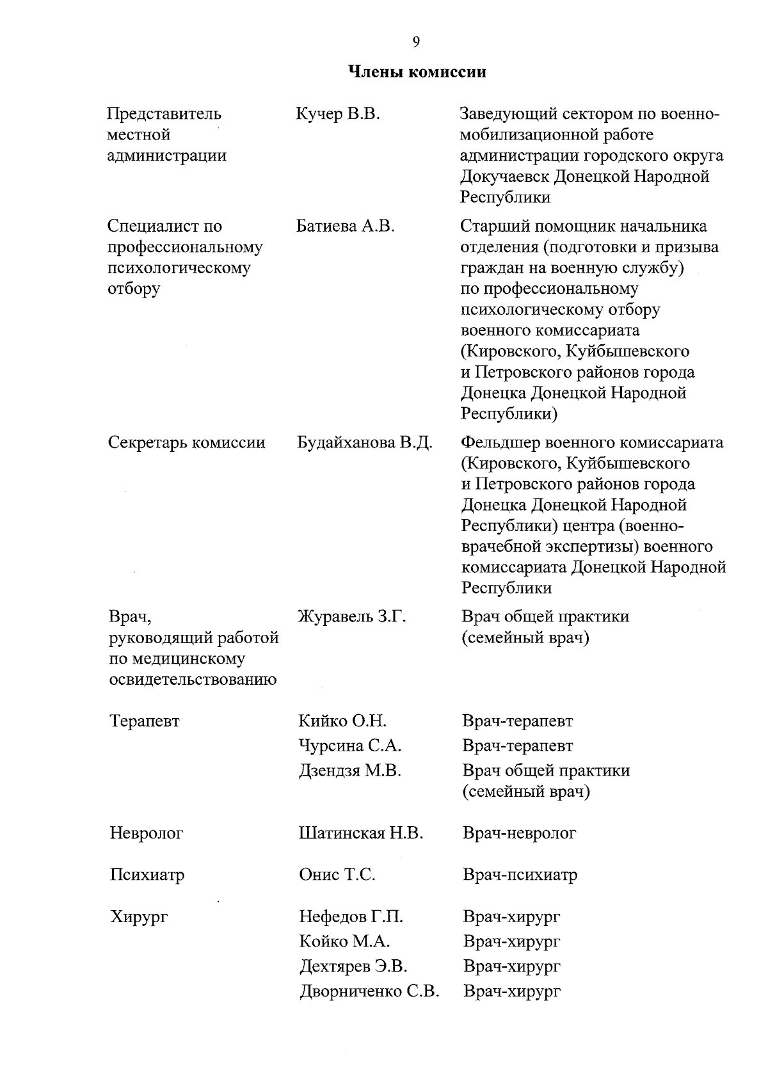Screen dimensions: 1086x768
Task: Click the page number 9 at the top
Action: tap(416, 42)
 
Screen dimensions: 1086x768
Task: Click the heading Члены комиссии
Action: tap(417, 72)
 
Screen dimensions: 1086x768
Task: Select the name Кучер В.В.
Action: tap(338, 115)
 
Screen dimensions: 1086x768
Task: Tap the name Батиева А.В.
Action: tap(346, 227)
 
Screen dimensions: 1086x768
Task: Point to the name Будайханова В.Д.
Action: tap(365, 443)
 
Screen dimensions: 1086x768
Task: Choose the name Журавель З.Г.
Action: tap(352, 617)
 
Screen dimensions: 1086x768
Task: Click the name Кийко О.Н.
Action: tap(342, 721)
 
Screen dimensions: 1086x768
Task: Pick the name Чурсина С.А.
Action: tap(350, 746)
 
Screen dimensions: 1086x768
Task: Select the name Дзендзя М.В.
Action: tap(350, 771)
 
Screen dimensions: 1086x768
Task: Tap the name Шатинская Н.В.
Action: tap(361, 833)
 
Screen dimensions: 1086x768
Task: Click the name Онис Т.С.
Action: tap(337, 875)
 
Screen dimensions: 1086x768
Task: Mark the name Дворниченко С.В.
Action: tap(369, 992)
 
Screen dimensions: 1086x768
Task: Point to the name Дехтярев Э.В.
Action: tap(353, 966)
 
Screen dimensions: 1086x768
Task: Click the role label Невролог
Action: tap(147, 833)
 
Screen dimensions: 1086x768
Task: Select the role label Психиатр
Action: tap(147, 875)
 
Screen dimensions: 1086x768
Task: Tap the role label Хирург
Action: tap(139, 917)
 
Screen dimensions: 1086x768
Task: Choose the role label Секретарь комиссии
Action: tap(187, 443)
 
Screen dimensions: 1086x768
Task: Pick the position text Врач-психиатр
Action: tap(520, 875)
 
